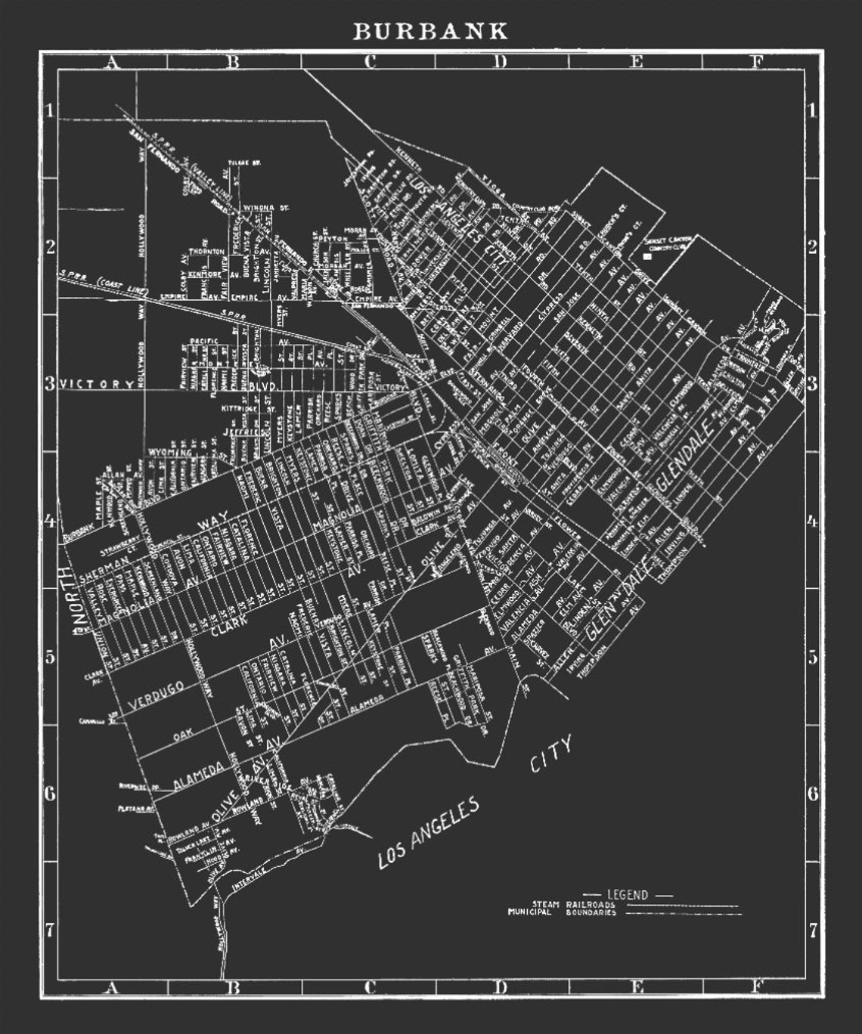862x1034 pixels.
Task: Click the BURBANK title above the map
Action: [430, 31]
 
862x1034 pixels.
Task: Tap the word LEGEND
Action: [628, 895]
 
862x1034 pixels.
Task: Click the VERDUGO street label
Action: [157, 695]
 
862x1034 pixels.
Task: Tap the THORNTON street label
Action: [206, 251]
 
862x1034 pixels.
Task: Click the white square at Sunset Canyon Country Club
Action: [646, 257]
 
